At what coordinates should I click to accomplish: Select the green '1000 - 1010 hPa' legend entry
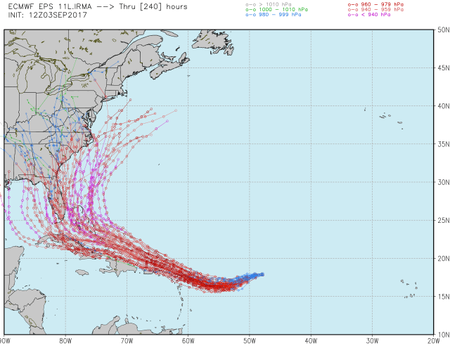coord(276,8)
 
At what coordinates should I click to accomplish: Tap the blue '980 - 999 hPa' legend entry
coord(274,14)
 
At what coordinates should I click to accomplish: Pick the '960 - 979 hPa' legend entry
coord(377,4)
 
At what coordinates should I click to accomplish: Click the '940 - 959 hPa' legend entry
coord(377,8)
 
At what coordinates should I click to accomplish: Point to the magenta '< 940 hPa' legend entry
coord(373,14)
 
